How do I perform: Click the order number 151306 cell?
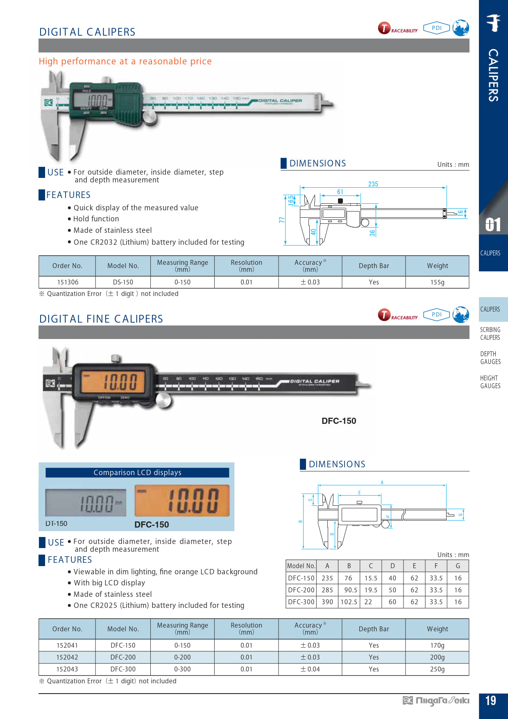68,282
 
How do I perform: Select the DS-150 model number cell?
123,282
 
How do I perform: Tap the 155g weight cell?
437,282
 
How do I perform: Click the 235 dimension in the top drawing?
373,184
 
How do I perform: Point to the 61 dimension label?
340,192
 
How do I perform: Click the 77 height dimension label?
281,220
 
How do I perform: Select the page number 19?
490,701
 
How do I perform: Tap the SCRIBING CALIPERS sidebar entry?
490,333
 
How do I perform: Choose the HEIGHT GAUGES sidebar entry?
490,382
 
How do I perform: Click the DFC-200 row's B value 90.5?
349,590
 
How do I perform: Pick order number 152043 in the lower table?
67,669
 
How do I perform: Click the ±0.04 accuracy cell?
310,669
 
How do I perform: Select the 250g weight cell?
437,669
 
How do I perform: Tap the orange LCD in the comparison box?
182,501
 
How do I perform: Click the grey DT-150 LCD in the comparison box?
86,503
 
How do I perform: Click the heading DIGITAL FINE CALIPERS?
101,319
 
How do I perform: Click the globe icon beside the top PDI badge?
461,28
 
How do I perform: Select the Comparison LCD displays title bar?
137,472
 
